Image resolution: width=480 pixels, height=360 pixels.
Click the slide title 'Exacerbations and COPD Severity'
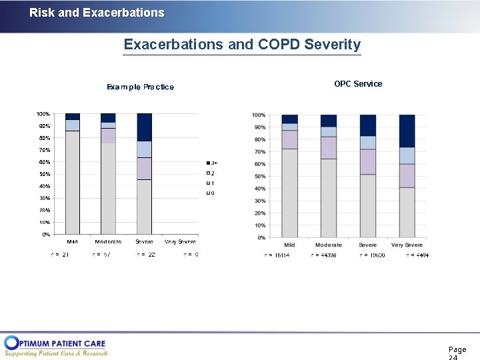242,45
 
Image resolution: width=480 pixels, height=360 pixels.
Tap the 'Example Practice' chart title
141,87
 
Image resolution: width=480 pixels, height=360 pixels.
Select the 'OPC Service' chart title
358,84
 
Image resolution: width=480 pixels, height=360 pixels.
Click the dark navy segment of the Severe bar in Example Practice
144,127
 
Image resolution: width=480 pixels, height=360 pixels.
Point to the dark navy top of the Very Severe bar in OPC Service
407,131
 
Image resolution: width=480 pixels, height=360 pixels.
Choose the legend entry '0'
211,193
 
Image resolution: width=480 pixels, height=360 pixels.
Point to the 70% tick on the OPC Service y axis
259,152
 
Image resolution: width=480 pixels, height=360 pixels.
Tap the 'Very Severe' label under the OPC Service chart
407,245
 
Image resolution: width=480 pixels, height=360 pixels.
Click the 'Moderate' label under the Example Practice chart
108,241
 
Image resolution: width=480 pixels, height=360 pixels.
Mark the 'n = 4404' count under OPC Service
417,255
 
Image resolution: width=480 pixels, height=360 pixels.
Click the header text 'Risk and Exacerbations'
97,13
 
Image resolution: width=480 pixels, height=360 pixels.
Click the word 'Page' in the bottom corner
457,349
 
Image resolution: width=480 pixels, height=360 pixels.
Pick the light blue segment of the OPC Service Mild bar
289,127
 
